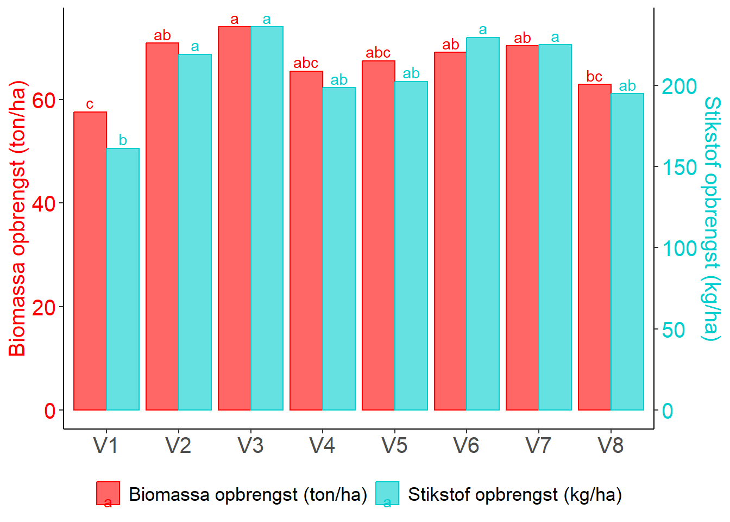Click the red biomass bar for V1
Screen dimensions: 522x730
[90, 261]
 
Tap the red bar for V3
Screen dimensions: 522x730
[234, 218]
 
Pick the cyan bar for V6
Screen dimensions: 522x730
[483, 223]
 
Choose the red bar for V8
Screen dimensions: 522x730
[594, 247]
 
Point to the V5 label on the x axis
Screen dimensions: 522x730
[394, 446]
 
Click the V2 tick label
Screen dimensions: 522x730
[178, 446]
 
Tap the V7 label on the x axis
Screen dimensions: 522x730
[538, 446]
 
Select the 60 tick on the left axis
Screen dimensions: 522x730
[44, 100]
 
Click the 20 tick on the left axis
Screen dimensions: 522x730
[44, 307]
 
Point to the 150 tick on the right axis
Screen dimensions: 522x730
[679, 167]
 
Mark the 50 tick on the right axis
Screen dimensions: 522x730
[674, 330]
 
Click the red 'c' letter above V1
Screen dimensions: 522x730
[90, 104]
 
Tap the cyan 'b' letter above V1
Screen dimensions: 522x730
[123, 140]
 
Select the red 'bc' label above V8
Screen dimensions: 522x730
[594, 77]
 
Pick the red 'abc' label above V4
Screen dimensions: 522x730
[306, 63]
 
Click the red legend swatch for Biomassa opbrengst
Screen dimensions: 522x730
[108, 493]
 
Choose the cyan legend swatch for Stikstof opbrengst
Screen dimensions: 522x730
[387, 493]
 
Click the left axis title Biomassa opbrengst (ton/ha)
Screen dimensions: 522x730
[17, 218]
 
